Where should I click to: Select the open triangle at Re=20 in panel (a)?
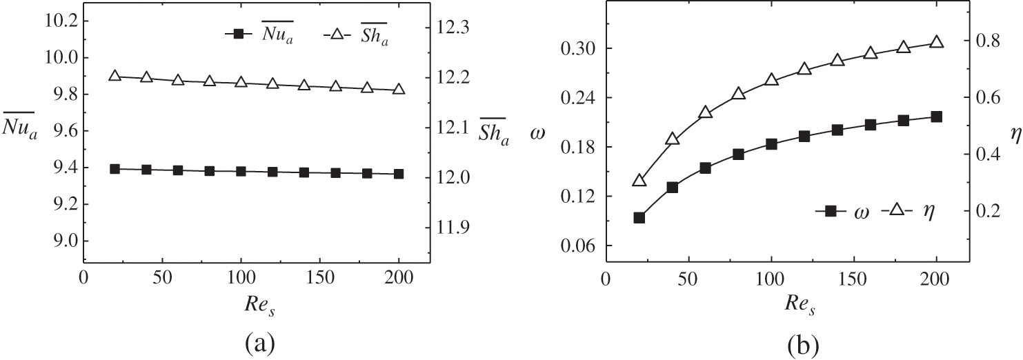(115, 76)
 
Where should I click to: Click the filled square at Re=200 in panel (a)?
(399, 174)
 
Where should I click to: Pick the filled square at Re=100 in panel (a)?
(241, 171)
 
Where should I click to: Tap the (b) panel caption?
(779, 342)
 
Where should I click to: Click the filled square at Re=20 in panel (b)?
(639, 218)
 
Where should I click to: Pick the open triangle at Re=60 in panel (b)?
(705, 112)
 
